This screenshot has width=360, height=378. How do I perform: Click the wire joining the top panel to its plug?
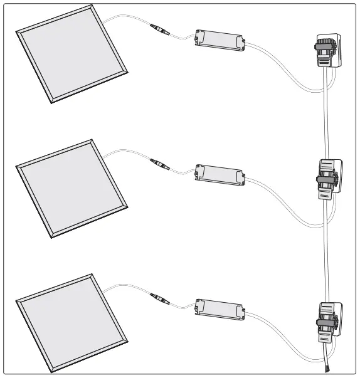click(x=125, y=18)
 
